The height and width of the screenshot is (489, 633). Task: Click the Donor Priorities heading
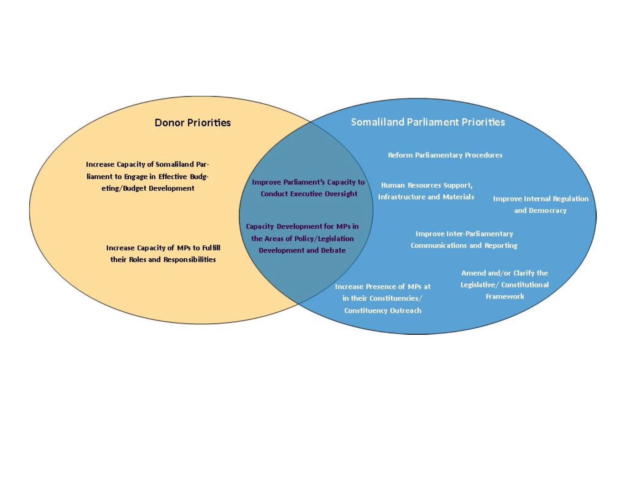[x=193, y=122]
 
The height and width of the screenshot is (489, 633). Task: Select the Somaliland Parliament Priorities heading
[x=428, y=122]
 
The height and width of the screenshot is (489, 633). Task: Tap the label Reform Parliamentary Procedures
[x=445, y=155]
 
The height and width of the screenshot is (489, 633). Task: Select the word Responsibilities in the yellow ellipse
[x=190, y=260]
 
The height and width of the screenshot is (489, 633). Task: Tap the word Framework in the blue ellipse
[x=505, y=296]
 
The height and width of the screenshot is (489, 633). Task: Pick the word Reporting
[x=501, y=246]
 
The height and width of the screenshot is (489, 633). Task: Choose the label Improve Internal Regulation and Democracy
[x=541, y=205]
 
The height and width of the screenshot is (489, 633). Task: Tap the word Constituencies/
[x=396, y=299]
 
